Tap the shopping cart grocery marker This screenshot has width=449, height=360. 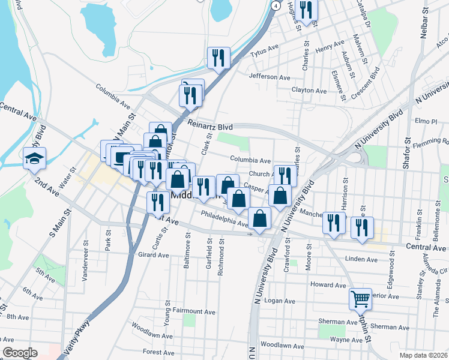coord(361,299)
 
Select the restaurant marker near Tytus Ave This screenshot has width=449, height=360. coord(217,58)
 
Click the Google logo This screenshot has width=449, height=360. coord(20,353)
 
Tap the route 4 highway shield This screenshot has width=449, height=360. coord(275,5)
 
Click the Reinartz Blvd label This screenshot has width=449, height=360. coord(209,125)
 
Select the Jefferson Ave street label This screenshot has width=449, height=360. coord(269,77)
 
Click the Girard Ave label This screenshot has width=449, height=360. coord(154,255)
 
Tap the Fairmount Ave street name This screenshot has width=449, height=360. coord(194,312)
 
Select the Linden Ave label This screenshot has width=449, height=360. coord(361,259)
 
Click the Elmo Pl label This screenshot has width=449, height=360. coord(425,121)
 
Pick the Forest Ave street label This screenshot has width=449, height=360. coord(158,352)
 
